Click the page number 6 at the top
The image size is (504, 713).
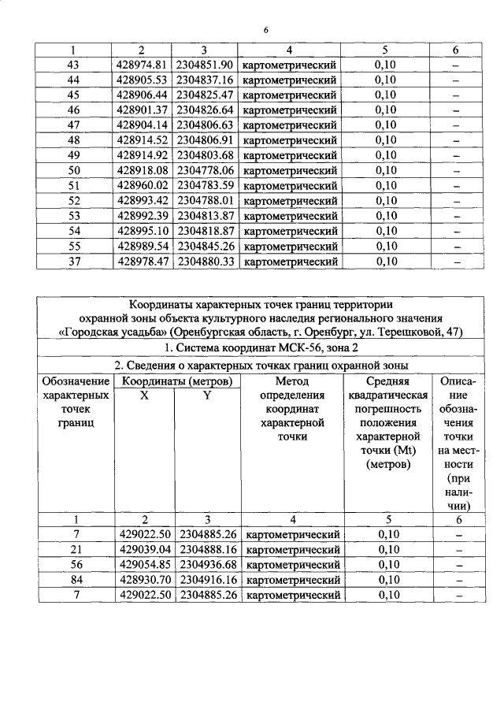pyautogui.click(x=265, y=30)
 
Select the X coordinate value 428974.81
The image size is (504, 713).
pyautogui.click(x=143, y=65)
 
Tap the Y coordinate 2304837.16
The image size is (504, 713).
pyautogui.click(x=206, y=80)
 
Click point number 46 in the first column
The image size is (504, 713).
pyautogui.click(x=75, y=110)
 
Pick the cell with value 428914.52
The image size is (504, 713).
pyautogui.click(x=143, y=140)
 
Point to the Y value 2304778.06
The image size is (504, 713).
pyautogui.click(x=206, y=170)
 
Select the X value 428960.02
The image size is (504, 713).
pyautogui.click(x=143, y=185)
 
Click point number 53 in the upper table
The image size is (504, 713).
pyautogui.click(x=75, y=216)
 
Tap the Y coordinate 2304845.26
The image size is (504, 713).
pyautogui.click(x=206, y=246)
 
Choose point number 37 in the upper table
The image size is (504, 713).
pyautogui.click(x=75, y=261)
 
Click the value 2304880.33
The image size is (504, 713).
pyautogui.click(x=206, y=261)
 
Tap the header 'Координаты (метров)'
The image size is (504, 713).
pyautogui.click(x=176, y=381)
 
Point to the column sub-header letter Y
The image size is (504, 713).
pyautogui.click(x=207, y=395)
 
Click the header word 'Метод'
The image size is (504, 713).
pyautogui.click(x=291, y=381)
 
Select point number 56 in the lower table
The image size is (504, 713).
pyautogui.click(x=76, y=564)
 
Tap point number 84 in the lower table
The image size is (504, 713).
pyautogui.click(x=76, y=579)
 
